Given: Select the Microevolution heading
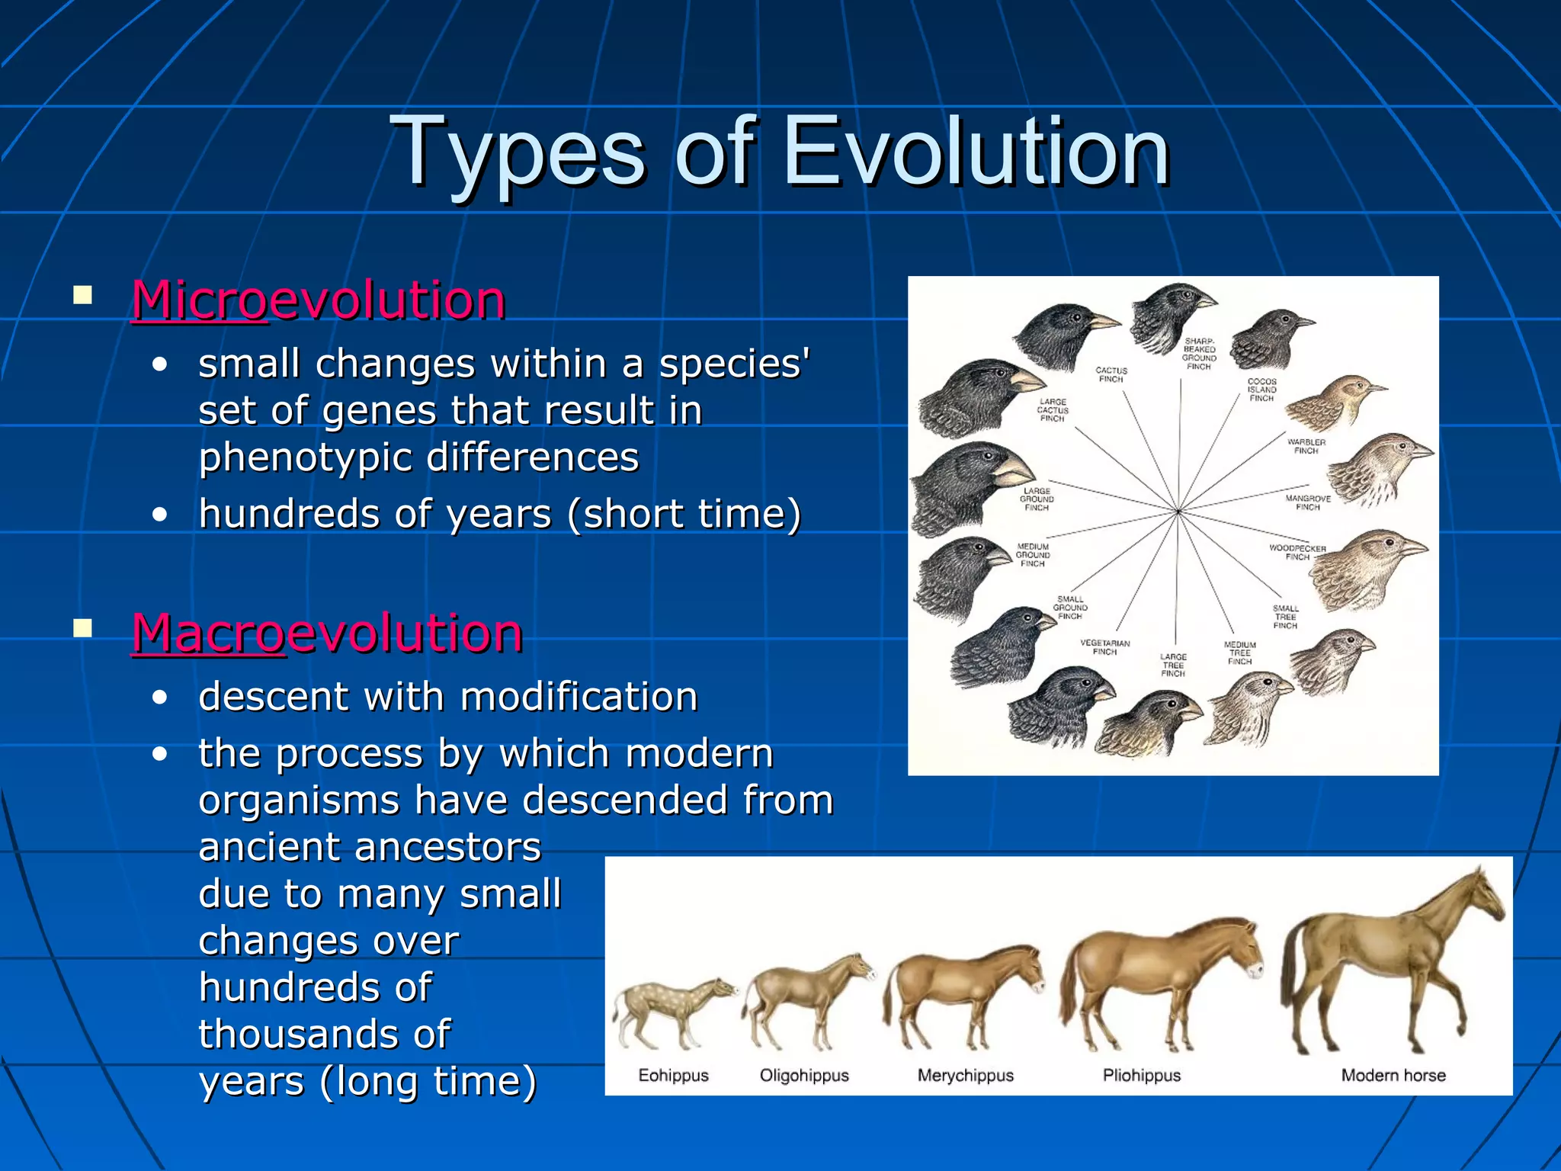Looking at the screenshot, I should click(x=319, y=300).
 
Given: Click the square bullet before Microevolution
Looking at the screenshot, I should click(x=82, y=295).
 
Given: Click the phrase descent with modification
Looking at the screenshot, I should click(x=447, y=696).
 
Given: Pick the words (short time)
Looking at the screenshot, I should click(x=684, y=513).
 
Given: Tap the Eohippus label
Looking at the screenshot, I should click(x=673, y=1075).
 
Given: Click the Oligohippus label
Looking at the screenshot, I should click(x=803, y=1075).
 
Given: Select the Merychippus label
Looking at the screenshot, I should click(x=965, y=1075).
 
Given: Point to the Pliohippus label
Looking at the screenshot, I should click(x=1141, y=1075).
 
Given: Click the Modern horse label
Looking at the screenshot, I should click(x=1393, y=1075).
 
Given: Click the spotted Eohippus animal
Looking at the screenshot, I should click(x=671, y=1006).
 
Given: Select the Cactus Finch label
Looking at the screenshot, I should click(x=1111, y=374).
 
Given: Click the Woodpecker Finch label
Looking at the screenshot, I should click(x=1297, y=552).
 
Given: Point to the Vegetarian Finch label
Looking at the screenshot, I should click(x=1104, y=647).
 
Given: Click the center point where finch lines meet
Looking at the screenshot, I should click(x=1178, y=511).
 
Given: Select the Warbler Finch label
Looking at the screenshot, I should click(x=1306, y=446).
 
